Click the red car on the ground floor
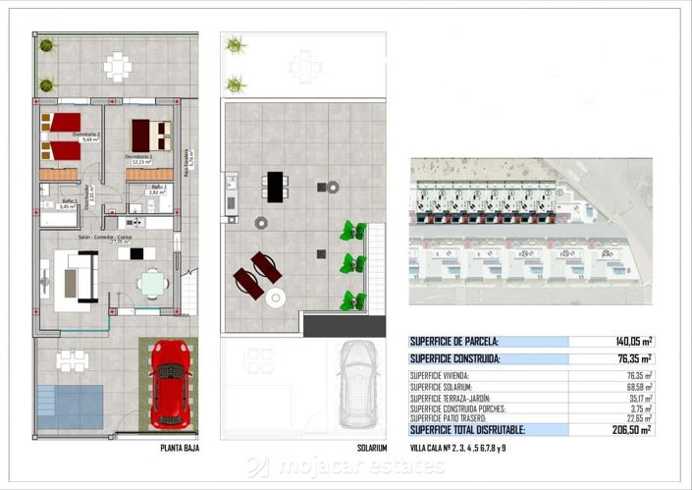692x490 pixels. tap(170, 384)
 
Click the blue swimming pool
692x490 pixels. tap(70, 406)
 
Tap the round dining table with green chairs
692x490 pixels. tap(151, 283)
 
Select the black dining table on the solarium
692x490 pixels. tap(276, 186)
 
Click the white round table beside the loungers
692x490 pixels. tap(276, 298)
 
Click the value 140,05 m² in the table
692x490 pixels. tap(632, 342)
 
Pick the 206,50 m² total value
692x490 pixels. tap(632, 429)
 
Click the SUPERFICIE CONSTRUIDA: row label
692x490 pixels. tap(454, 359)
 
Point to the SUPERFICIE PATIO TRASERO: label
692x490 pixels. tap(456, 418)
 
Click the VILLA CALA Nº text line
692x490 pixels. tap(458, 448)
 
